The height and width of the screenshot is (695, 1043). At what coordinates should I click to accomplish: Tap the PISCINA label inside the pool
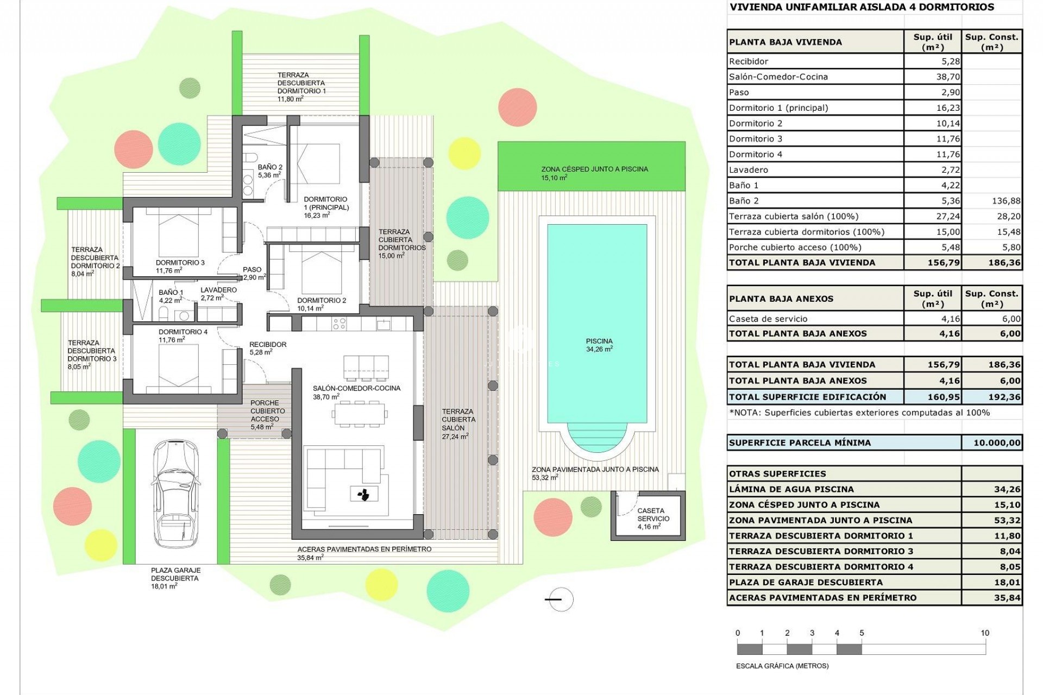click(599, 342)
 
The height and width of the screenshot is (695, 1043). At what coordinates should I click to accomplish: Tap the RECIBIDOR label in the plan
click(268, 344)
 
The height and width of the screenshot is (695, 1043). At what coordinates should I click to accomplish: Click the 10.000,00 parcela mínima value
click(996, 443)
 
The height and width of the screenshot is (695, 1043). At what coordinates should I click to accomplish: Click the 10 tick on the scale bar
click(984, 633)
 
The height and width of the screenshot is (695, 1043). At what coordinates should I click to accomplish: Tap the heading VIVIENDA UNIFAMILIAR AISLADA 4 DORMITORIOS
click(862, 7)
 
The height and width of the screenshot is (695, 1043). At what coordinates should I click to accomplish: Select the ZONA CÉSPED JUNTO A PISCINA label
click(594, 169)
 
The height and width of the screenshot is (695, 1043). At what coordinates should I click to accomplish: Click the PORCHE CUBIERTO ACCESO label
click(265, 411)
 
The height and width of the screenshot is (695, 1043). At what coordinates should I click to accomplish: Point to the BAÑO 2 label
click(270, 167)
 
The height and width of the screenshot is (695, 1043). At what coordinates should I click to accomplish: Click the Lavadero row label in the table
click(749, 170)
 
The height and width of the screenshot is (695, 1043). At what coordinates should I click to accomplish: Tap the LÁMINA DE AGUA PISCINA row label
click(791, 489)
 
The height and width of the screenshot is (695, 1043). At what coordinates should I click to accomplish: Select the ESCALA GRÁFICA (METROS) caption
click(782, 666)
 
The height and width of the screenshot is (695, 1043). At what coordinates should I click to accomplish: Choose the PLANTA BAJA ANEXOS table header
click(781, 299)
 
